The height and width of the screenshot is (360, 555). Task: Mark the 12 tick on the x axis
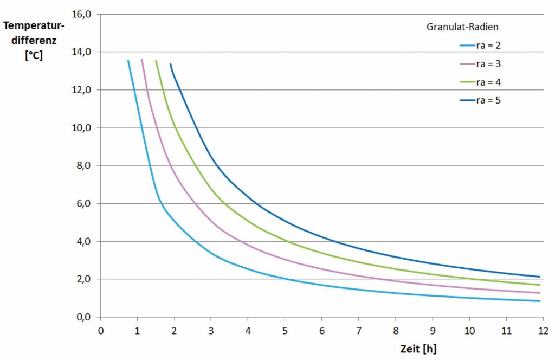click(x=543, y=330)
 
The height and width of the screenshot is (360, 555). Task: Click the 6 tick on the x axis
click(x=322, y=330)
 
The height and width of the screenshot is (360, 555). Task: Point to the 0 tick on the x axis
click(x=100, y=330)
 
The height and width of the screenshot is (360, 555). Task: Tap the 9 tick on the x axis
click(x=433, y=330)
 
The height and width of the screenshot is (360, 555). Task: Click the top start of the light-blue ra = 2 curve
click(x=128, y=61)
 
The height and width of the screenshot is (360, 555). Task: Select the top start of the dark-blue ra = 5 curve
click(x=171, y=64)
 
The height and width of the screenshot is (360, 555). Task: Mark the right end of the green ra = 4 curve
click(x=539, y=285)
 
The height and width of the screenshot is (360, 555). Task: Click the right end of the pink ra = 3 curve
click(x=539, y=293)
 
